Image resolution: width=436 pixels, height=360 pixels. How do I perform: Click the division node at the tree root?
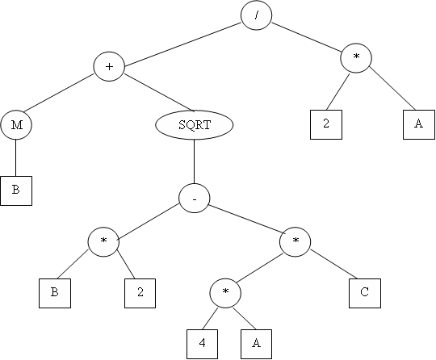point(256,15)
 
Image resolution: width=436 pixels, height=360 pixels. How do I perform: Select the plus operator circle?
point(109,66)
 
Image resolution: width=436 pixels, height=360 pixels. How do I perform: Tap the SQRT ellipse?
point(194,125)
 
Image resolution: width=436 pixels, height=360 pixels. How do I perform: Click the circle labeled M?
point(16,125)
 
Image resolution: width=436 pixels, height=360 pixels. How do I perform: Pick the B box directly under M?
point(16,190)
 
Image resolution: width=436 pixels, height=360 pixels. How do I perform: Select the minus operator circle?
point(194,199)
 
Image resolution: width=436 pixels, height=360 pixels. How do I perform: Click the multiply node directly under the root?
point(356,58)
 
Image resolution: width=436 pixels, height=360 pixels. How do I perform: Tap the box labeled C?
point(365,293)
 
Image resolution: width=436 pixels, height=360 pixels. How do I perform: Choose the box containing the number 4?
point(202,344)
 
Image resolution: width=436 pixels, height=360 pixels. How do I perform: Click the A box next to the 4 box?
point(256,344)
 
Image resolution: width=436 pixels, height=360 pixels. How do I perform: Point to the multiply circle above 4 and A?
point(225,293)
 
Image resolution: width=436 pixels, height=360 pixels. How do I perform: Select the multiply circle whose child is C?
point(295,241)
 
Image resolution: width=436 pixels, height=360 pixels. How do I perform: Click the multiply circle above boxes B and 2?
point(103,241)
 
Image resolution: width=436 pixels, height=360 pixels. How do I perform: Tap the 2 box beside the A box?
point(326,124)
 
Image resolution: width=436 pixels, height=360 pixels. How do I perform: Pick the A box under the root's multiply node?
point(419,124)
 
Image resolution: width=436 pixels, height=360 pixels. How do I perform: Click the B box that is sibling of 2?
point(55,293)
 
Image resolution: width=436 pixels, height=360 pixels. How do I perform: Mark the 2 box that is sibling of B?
point(140,293)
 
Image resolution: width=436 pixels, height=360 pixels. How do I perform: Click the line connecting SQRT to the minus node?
point(194,161)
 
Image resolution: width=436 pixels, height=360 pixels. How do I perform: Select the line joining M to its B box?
point(16,158)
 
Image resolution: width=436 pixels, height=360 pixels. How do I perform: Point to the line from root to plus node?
point(182,44)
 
